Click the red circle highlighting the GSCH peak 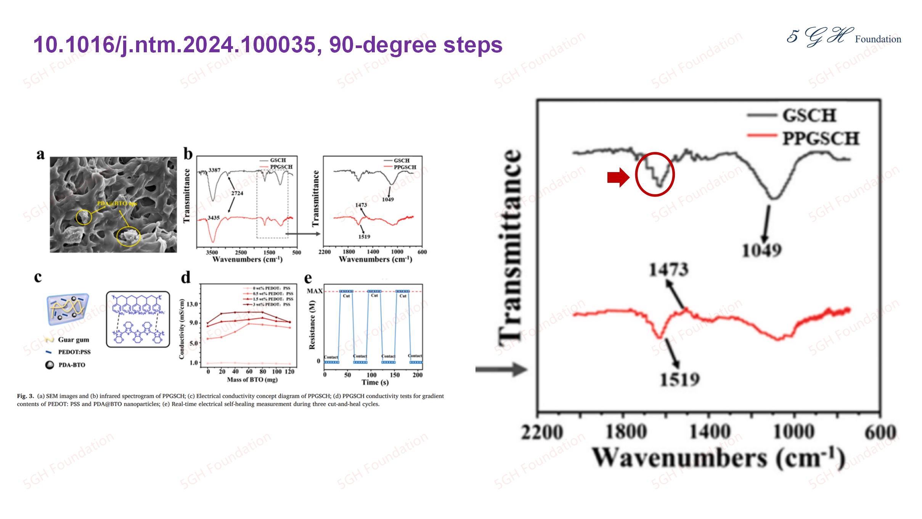pos(655,174)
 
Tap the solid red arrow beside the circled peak pos(618,177)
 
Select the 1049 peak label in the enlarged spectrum pos(761,250)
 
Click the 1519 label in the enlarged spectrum pos(680,379)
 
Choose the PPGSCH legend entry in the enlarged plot pos(821,138)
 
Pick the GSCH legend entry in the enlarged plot pos(809,115)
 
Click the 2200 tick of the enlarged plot pos(541,432)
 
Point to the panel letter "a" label pos(40,155)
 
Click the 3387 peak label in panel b pos(214,170)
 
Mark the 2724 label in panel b pos(237,193)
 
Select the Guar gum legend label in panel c pos(73,340)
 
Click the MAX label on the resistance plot pos(315,291)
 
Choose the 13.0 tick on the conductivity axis pos(191,304)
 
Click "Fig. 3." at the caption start pos(25,396)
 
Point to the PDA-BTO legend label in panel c pos(72,365)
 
